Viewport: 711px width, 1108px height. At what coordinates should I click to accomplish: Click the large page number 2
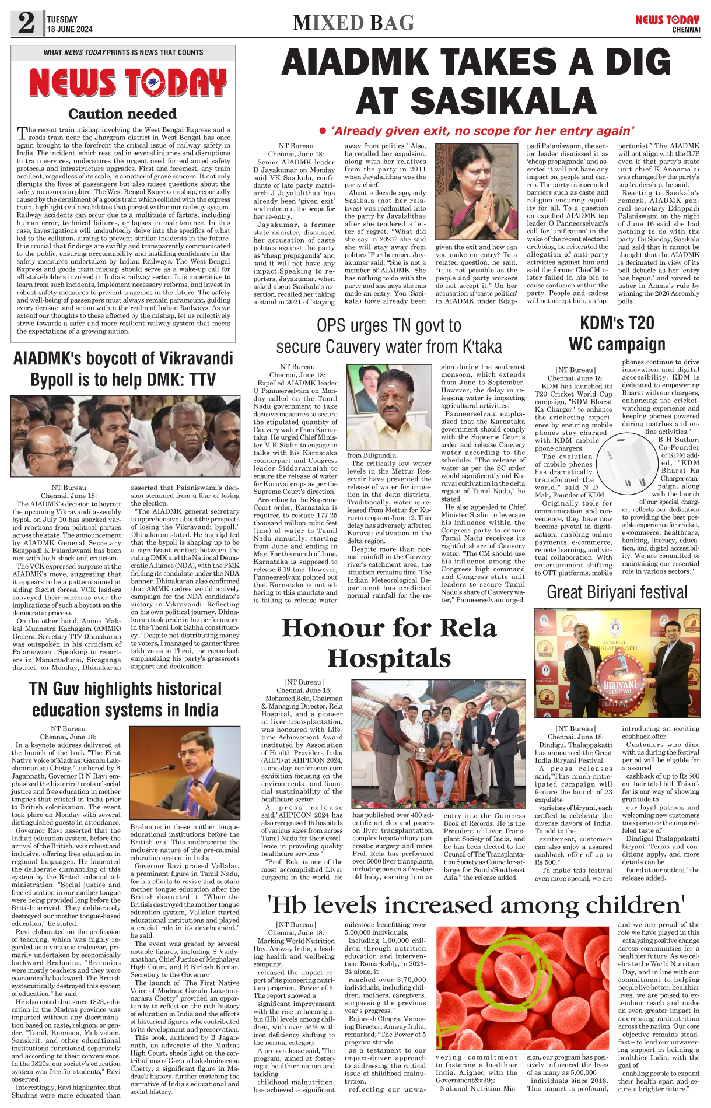point(26,23)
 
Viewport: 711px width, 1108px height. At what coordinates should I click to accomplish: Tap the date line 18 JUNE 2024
point(69,29)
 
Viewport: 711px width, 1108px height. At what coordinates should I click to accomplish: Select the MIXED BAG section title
point(353,23)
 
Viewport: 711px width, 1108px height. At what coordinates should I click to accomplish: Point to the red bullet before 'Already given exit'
point(322,131)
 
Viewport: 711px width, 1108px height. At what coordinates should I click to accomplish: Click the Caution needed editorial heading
point(122,114)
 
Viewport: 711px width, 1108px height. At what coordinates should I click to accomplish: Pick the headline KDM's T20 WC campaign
point(617,334)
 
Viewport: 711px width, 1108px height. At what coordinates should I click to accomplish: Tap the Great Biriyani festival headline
point(617,592)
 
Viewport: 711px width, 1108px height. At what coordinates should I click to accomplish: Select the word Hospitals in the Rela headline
point(389,658)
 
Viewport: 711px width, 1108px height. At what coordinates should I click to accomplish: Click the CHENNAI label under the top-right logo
point(685,30)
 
